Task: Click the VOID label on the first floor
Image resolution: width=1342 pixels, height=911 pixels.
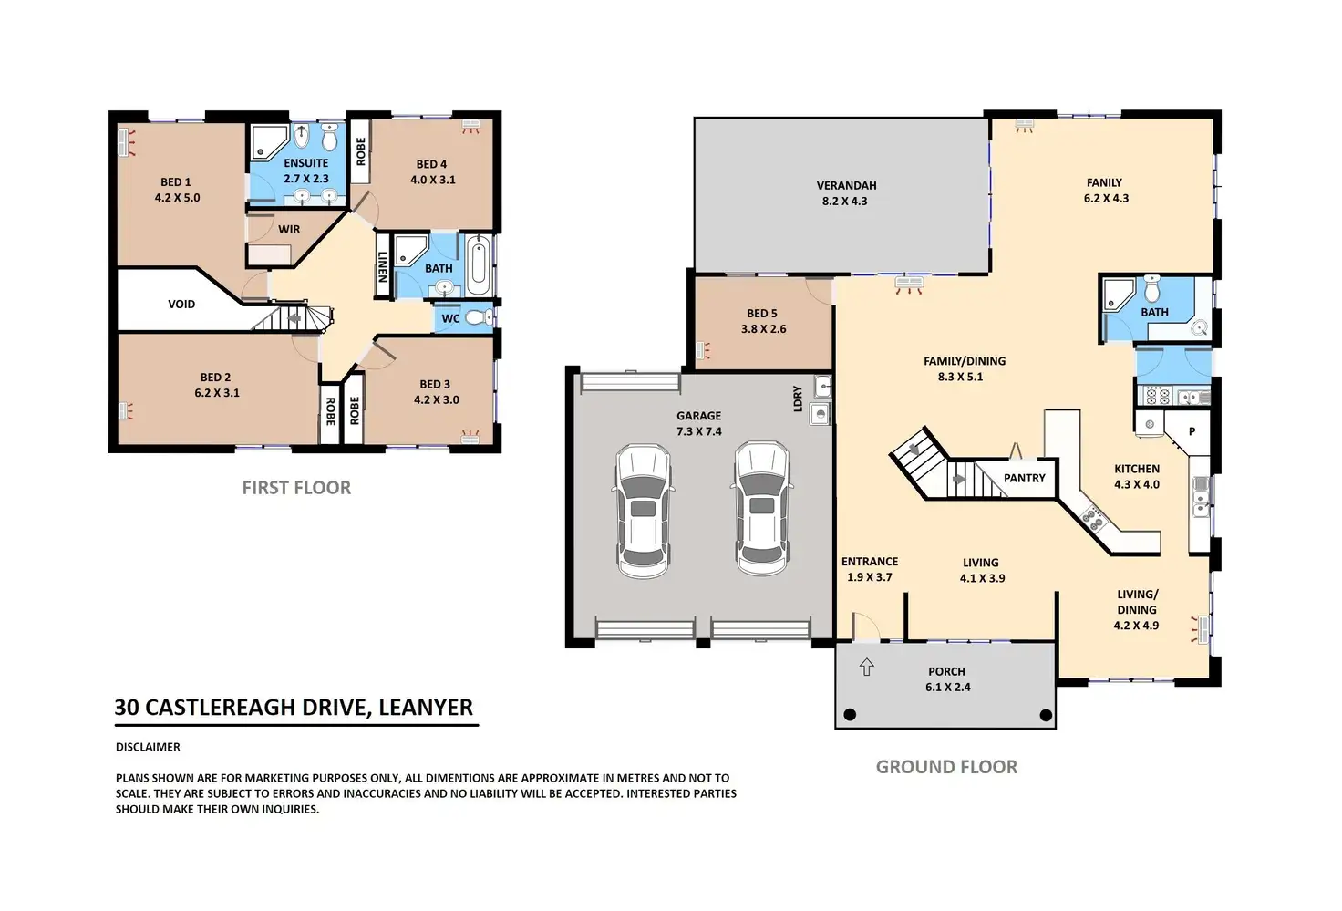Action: pos(181,305)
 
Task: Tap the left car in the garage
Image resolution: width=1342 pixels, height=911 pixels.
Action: pos(643,512)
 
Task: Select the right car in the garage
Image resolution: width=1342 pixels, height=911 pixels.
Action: pos(761,509)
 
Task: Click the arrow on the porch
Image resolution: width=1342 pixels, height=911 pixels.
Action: pos(866,668)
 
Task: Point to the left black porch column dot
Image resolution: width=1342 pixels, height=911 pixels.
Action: pos(850,714)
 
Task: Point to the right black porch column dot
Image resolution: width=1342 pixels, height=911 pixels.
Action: pos(1046,714)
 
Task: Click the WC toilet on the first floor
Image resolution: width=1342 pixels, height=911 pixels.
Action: pos(480,317)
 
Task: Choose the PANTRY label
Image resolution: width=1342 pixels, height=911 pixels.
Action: pos(1025,478)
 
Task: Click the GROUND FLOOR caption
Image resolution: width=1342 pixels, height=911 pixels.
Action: pos(946,767)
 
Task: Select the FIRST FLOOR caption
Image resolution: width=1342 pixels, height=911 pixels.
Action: pos(296,488)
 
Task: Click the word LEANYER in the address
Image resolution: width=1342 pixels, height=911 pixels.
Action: pos(426,708)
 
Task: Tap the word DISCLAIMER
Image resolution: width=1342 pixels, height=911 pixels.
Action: pos(148,748)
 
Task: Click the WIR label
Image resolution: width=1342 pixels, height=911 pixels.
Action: pos(289,230)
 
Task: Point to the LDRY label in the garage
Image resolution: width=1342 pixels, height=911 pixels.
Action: pos(798,399)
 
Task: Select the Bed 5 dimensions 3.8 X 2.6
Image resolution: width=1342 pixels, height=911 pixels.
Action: pos(763,329)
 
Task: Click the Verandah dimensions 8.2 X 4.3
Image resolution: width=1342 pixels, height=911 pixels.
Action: pos(845,202)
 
